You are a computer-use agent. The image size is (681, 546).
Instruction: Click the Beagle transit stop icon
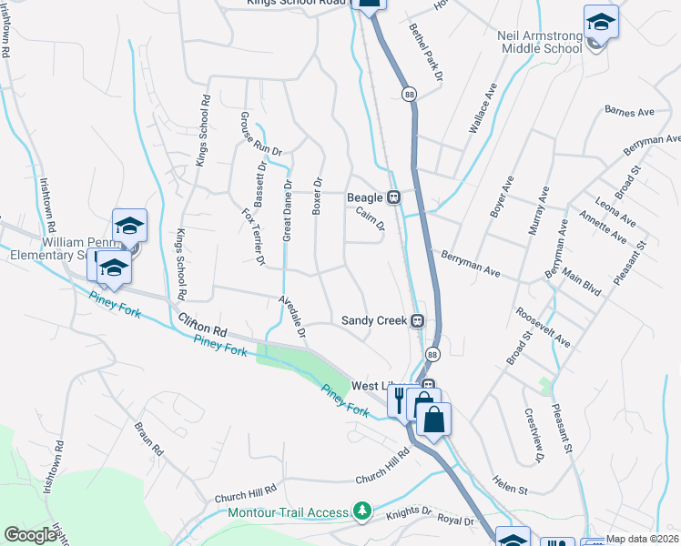pyautogui.click(x=394, y=197)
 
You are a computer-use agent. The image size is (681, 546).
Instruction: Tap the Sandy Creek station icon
pyautogui.click(x=418, y=320)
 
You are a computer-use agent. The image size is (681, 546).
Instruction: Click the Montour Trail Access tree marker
pyautogui.click(x=363, y=512)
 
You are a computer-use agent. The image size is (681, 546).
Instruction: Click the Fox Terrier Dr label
pyautogui.click(x=252, y=237)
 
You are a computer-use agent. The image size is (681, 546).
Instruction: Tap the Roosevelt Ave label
pyautogui.click(x=543, y=327)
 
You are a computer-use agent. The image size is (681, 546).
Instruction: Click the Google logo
pyautogui.click(x=30, y=534)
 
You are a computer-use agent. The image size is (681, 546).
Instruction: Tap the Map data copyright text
pyautogui.click(x=642, y=539)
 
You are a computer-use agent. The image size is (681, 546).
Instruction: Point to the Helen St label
pyautogui.click(x=510, y=490)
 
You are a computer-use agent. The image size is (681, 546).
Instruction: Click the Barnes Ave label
pyautogui.click(x=630, y=112)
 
